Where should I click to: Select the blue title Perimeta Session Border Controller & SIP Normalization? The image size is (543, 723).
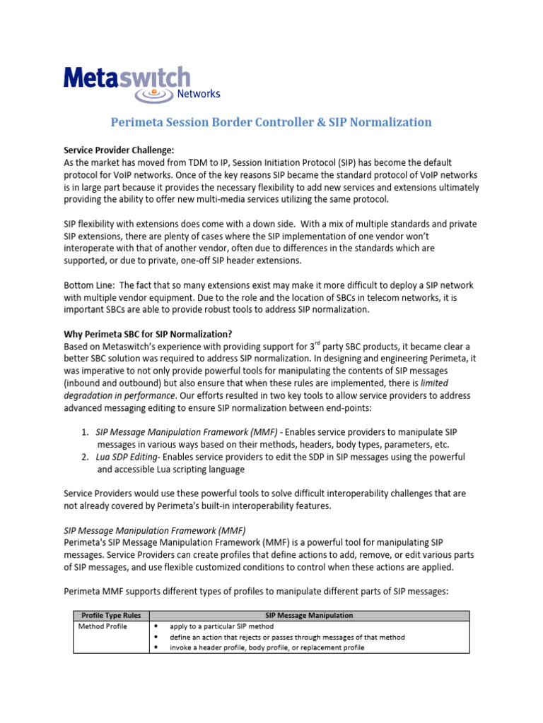[x=271, y=122]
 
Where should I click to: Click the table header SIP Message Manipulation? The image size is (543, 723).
[x=309, y=616]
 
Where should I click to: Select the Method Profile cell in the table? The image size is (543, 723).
[x=103, y=626]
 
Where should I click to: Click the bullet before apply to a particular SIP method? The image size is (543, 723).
[x=156, y=626]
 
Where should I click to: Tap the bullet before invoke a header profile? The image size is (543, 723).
[x=156, y=647]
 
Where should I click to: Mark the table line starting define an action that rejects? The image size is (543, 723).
[x=287, y=637]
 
